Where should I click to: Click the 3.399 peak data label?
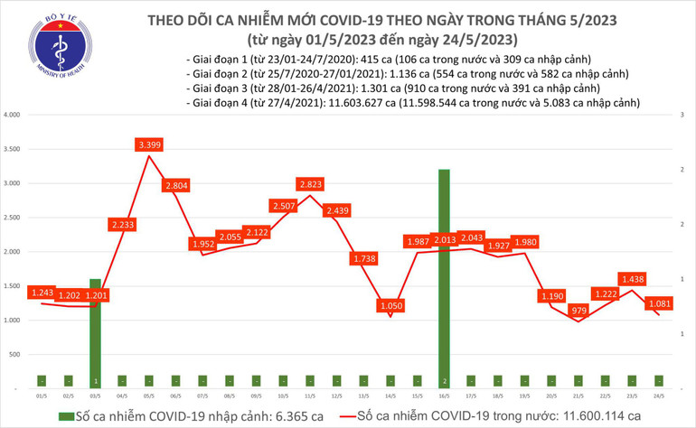(148, 144)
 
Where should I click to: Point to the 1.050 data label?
(390, 305)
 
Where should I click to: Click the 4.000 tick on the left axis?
(13, 116)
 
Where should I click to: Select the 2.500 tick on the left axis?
(13, 218)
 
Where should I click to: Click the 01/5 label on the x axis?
(42, 395)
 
